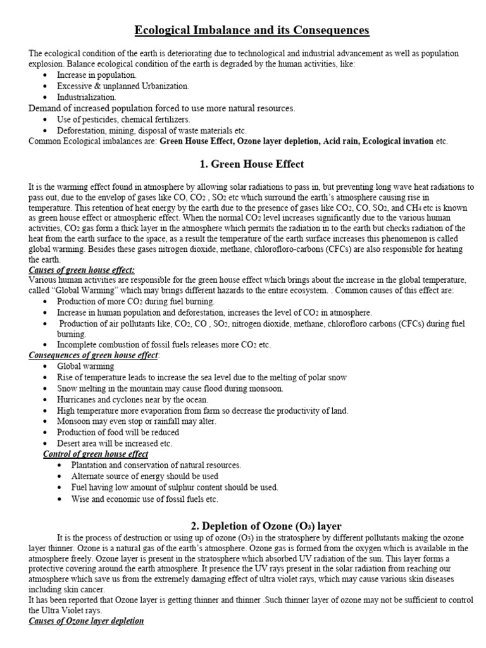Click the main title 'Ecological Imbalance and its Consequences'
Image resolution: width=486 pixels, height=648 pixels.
251,30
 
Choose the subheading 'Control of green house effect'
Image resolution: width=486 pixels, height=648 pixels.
96,454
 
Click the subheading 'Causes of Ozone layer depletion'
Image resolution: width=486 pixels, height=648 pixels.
87,621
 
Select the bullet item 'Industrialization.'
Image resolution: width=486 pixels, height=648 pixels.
87,97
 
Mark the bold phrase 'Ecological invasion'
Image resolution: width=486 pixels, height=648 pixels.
402,141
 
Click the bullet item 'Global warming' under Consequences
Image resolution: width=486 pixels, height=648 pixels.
85,366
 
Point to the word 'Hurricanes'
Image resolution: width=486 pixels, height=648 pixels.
78,399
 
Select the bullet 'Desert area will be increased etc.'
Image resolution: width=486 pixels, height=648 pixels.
115,443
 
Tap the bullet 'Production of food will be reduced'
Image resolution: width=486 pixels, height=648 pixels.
118,432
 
